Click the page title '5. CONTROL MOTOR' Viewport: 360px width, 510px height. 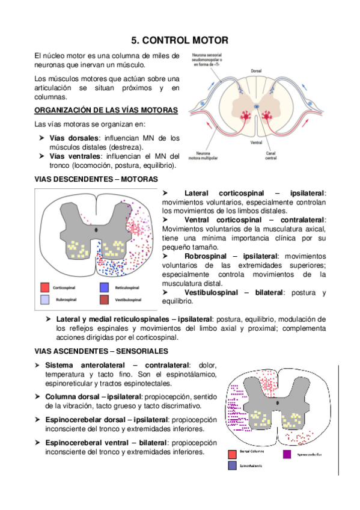pos(179,41)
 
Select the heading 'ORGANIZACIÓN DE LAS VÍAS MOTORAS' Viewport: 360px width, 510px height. pos(106,110)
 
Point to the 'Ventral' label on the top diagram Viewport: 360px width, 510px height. pos(255,143)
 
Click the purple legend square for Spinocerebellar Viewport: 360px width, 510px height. pos(287,454)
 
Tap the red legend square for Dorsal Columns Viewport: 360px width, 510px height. pos(232,454)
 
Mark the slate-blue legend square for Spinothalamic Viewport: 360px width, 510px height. pos(232,465)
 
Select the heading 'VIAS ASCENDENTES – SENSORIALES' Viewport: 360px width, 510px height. pos(102,351)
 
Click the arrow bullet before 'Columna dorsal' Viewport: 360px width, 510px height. pos(38,397)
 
